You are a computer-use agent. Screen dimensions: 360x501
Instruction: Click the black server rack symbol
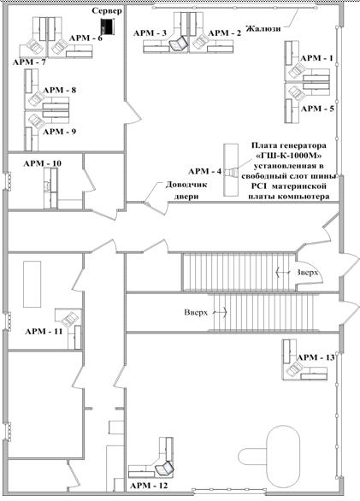108,27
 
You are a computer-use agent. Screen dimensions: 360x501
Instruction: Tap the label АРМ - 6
86,38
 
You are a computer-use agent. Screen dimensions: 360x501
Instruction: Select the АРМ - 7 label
29,62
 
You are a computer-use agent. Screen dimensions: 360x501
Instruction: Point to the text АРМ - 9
59,132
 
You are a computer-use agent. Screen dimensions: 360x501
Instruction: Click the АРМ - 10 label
43,163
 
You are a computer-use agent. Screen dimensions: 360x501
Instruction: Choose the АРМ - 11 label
44,332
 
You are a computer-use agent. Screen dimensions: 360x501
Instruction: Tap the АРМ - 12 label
149,486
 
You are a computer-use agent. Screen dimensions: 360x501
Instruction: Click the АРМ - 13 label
316,357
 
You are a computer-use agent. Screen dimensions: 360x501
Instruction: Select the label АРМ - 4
204,171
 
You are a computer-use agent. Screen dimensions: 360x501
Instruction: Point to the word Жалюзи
263,28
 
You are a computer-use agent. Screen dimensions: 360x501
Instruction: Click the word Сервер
107,10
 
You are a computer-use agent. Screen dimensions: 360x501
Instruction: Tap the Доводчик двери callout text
186,191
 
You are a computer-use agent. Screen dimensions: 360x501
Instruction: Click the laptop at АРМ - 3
178,44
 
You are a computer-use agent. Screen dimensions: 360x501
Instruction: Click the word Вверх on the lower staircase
196,312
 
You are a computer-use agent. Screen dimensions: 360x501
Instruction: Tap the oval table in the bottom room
283,454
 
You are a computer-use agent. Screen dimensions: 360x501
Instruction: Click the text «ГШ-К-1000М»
289,156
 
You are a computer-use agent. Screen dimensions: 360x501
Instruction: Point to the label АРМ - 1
317,58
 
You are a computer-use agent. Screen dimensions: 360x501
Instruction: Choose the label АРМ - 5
317,109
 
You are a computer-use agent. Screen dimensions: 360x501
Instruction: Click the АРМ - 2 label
224,32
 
